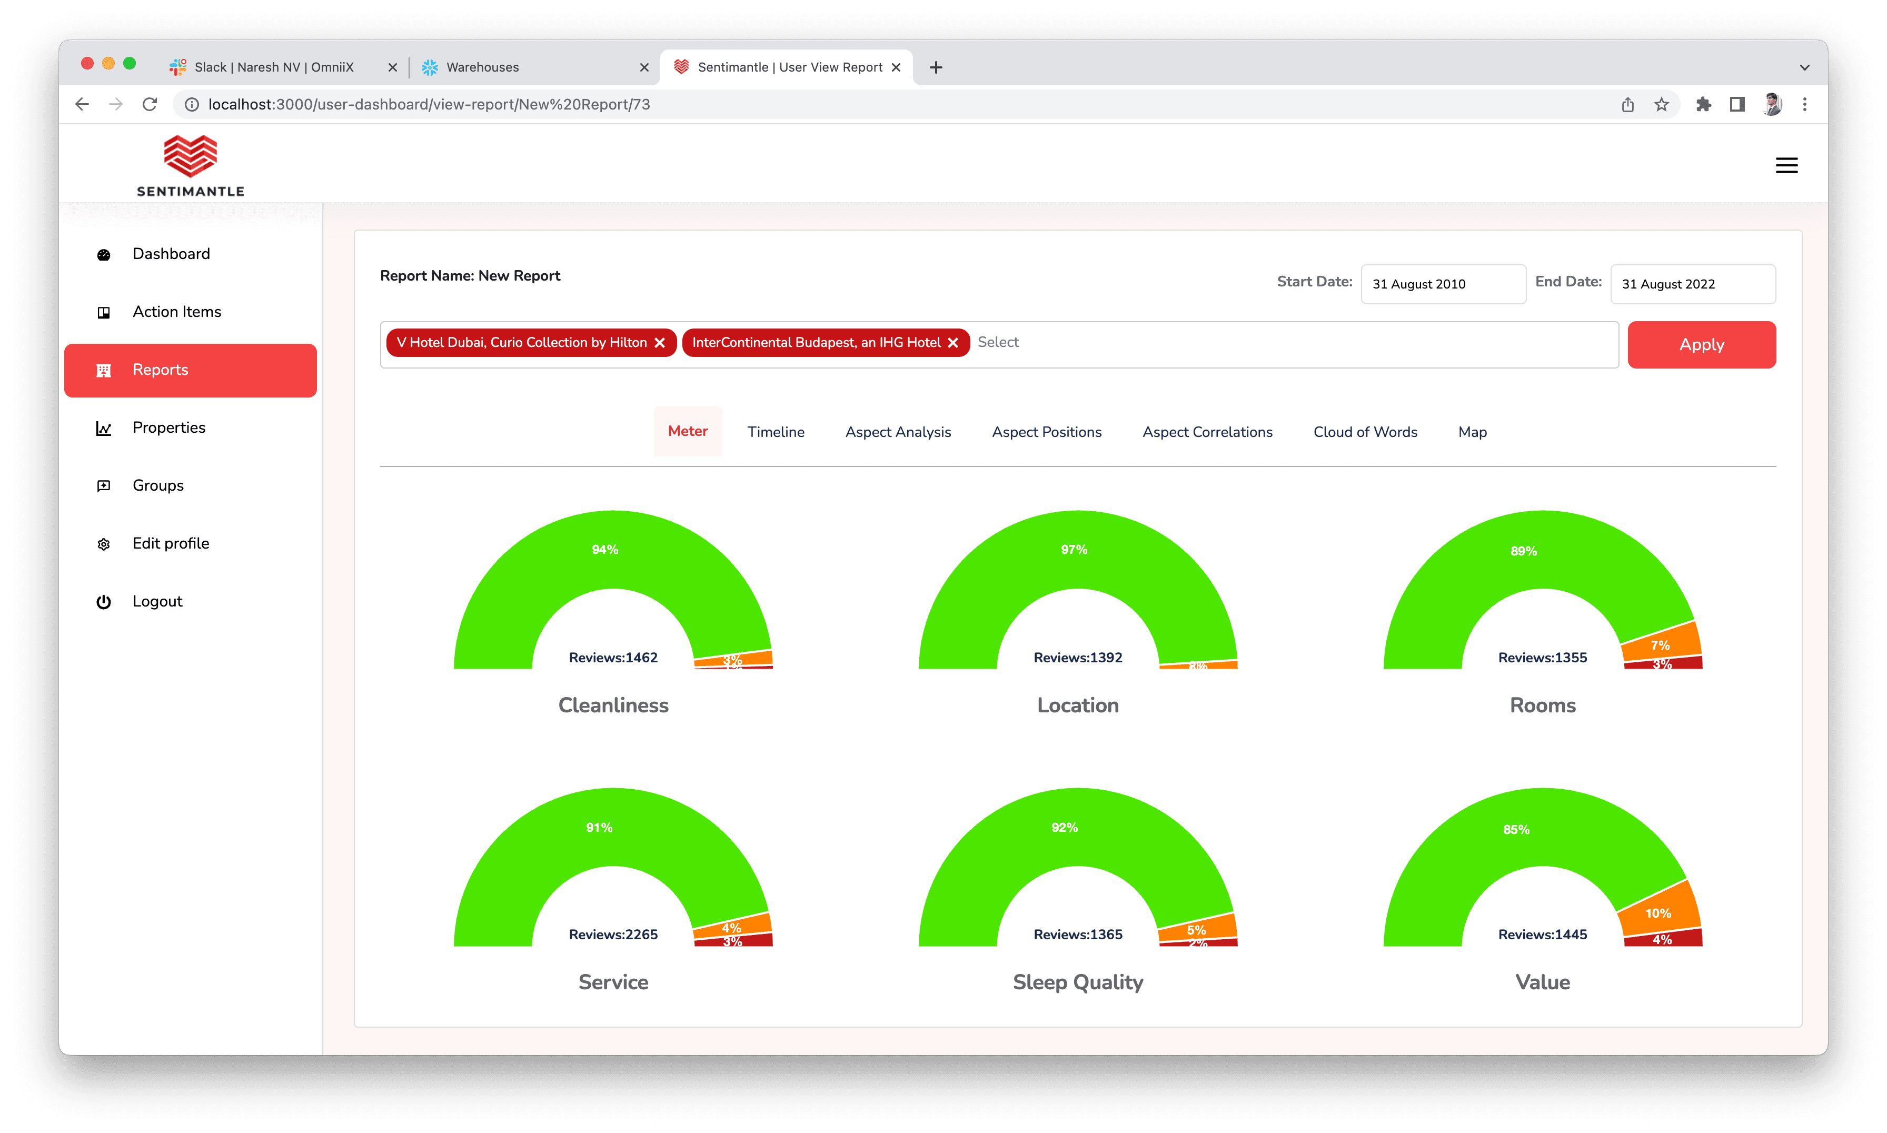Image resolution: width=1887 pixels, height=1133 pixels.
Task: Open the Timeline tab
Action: coord(776,432)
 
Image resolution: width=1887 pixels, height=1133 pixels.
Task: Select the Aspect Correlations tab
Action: coord(1207,432)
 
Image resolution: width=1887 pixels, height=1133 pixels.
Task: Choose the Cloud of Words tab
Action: coord(1365,432)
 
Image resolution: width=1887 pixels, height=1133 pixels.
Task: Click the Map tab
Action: coord(1472,432)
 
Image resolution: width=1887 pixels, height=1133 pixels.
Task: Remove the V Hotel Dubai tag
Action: coord(660,343)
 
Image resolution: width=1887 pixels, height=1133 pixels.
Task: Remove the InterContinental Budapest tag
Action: coord(952,343)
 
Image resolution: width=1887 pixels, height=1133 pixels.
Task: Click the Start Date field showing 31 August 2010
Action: coord(1442,284)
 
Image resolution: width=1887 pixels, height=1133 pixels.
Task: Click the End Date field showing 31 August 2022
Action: coord(1692,284)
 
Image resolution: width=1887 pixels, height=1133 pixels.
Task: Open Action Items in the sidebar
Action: coord(176,312)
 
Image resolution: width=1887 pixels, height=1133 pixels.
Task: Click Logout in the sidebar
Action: coord(157,602)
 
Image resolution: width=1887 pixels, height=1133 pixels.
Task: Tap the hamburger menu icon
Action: coord(1786,166)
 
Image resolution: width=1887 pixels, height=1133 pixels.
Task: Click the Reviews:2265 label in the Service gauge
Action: coord(613,935)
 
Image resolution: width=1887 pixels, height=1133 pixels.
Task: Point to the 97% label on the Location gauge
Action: coord(1074,550)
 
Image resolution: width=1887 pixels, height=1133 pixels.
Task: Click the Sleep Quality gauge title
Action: coord(1077,982)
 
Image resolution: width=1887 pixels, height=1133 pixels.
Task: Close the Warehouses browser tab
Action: coord(644,67)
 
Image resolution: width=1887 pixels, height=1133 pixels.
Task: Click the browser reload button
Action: coord(150,105)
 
